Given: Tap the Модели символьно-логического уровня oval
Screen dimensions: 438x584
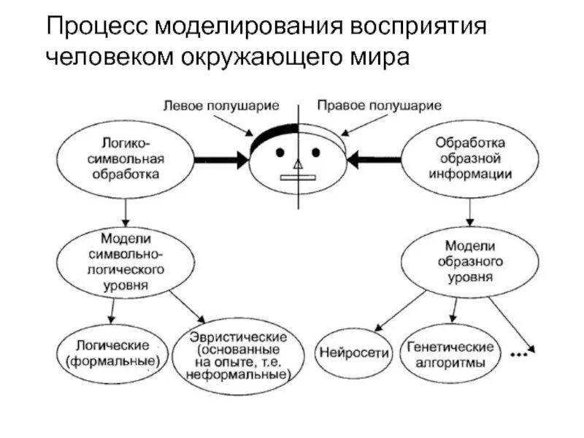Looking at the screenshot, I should pyautogui.click(x=125, y=261).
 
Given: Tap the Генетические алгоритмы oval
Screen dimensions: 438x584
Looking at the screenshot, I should pyautogui.click(x=450, y=355).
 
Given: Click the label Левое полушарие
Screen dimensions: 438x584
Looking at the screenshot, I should pyautogui.click(x=221, y=105).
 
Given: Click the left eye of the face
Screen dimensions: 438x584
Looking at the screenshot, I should pyautogui.click(x=281, y=153).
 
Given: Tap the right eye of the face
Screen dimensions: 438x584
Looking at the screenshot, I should pyautogui.click(x=316, y=153).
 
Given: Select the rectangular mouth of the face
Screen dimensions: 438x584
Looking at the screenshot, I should pyautogui.click(x=297, y=176).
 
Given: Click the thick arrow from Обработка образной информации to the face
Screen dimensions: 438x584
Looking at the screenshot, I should pyautogui.click(x=377, y=158).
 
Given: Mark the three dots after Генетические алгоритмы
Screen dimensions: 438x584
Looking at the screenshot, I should pyautogui.click(x=519, y=356).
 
